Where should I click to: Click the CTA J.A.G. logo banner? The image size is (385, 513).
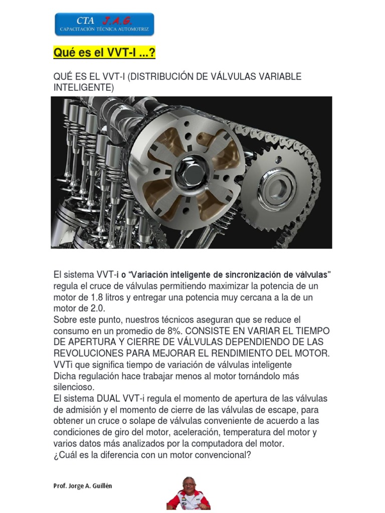pos(104,24)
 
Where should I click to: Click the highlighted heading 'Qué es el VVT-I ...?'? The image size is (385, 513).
pos(104,52)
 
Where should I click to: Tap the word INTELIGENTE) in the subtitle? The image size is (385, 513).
pos(84,88)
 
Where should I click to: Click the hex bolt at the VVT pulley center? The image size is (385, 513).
pos(192,172)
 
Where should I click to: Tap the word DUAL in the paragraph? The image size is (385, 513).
pos(108,398)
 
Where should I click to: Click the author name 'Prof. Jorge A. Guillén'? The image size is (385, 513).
pos(83,486)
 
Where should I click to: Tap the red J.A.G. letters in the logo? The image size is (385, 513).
pos(117,21)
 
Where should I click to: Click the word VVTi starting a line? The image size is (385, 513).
pos(63,365)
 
